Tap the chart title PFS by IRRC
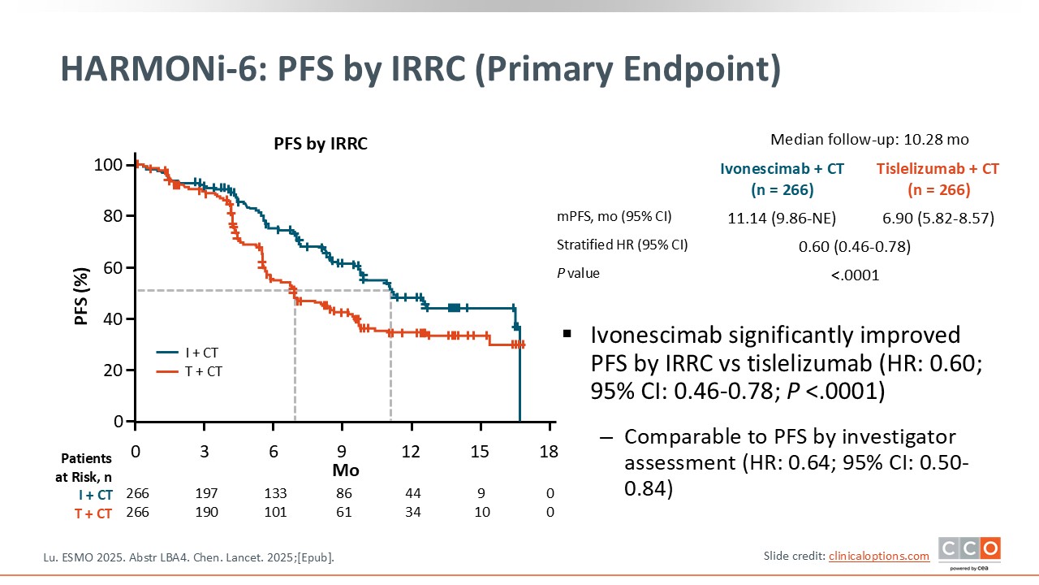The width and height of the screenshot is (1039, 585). click(320, 145)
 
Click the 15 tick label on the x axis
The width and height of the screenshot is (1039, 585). click(481, 452)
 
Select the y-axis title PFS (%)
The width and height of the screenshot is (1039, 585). click(81, 293)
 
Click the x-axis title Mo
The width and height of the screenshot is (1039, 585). click(345, 470)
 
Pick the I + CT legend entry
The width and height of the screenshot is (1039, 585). click(188, 353)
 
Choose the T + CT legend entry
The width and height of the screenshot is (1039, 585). click(188, 371)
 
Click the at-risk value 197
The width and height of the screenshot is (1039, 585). click(205, 494)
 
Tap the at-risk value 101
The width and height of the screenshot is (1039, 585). click(274, 513)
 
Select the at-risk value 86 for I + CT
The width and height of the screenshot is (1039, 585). click(343, 494)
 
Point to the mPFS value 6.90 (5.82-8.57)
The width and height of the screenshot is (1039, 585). click(938, 219)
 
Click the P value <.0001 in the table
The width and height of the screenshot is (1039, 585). click(855, 275)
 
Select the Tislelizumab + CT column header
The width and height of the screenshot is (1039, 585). click(938, 179)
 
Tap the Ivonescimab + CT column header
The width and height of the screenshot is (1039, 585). click(782, 179)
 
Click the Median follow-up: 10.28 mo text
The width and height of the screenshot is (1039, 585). click(869, 139)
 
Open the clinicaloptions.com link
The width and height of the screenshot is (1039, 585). click(878, 556)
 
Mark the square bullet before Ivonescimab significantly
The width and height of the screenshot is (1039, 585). click(567, 334)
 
